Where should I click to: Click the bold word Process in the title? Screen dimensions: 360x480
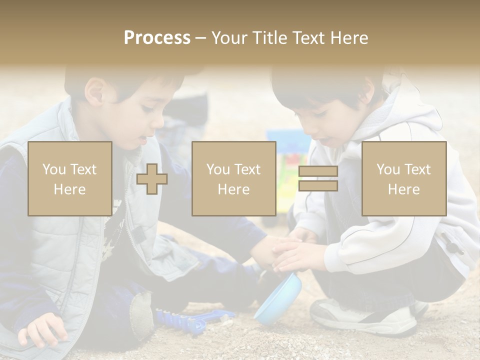157,38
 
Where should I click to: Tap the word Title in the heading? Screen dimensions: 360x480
269,38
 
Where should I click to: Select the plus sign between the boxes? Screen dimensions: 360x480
152,179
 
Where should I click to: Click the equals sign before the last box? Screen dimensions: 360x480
318,179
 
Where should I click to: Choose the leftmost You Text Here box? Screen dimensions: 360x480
69,179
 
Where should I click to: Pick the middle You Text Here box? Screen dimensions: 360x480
233,179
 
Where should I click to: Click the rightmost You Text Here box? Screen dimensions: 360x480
403,179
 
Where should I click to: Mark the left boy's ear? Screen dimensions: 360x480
94,93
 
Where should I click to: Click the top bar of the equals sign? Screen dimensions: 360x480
318,171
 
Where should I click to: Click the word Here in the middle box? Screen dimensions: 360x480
233,189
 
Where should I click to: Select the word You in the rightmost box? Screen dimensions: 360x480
388,169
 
